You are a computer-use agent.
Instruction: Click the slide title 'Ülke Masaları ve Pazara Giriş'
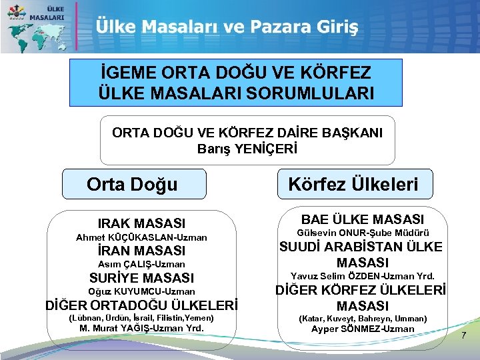pos(227,27)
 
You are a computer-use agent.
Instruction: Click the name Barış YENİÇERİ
pos(247,148)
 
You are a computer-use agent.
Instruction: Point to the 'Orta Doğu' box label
pos(132,184)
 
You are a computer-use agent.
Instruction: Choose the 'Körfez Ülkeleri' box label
pos(353,184)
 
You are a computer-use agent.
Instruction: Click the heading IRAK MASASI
pos(141,223)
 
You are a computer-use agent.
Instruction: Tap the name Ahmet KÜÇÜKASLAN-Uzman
pos(141,237)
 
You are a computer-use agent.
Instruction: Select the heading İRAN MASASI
pos(141,251)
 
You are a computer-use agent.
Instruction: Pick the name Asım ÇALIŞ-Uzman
pos(141,265)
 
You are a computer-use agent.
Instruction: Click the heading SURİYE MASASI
pos(141,278)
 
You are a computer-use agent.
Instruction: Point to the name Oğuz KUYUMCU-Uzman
pos(141,291)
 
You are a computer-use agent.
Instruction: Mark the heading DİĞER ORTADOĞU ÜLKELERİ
pos(141,305)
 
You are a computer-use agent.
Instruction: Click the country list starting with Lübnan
pos(141,318)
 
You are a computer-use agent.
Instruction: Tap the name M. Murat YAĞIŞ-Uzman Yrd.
pos(141,328)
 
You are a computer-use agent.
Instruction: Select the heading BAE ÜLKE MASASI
pos(363,219)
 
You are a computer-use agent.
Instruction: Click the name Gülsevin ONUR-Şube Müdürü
pos(363,233)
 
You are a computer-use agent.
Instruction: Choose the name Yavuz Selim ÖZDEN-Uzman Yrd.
pos(363,276)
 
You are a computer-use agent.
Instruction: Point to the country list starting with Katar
pos(363,319)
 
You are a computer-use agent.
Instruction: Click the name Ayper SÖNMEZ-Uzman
pos(363,329)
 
